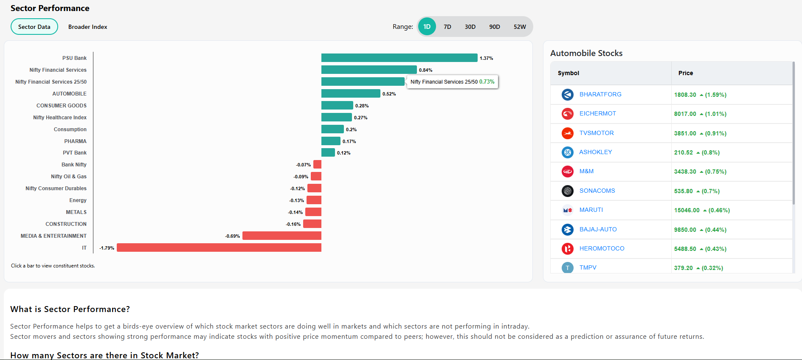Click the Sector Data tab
click(x=34, y=27)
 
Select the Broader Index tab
click(x=87, y=27)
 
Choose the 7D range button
click(x=447, y=27)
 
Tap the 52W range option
click(x=519, y=27)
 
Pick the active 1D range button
click(x=427, y=27)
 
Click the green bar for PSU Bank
click(x=399, y=58)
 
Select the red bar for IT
click(x=219, y=247)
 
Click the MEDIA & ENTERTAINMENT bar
click(x=281, y=236)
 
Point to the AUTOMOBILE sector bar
click(x=351, y=93)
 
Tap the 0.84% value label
click(x=425, y=70)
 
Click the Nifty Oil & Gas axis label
click(x=68, y=177)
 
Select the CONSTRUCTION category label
click(x=66, y=224)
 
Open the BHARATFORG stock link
click(x=600, y=94)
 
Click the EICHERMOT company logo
click(x=567, y=114)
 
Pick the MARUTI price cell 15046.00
click(x=687, y=210)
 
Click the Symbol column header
click(x=568, y=73)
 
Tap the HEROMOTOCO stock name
click(x=602, y=248)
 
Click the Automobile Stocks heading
click(x=586, y=53)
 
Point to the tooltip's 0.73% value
click(x=487, y=82)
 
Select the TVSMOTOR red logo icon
click(x=567, y=133)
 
